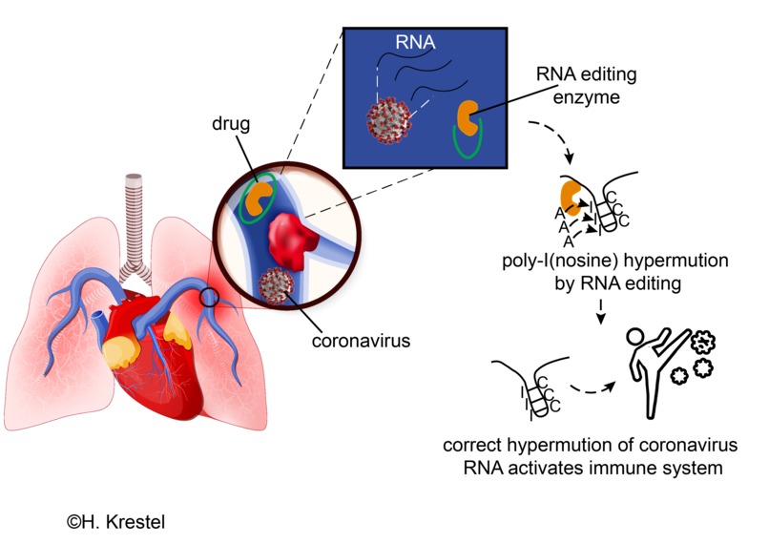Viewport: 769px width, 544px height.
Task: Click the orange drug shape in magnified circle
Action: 258,199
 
